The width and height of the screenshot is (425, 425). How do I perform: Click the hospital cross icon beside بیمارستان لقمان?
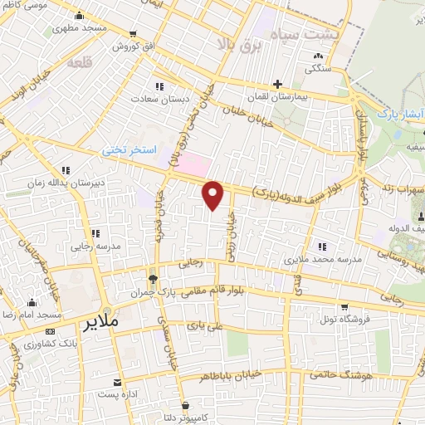tap(278, 83)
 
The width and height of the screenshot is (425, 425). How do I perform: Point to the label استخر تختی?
tap(128, 150)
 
